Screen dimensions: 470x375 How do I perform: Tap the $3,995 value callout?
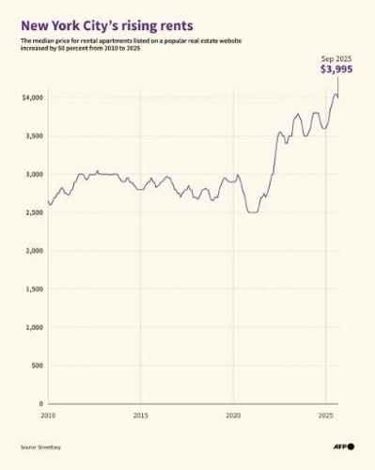pos(336,70)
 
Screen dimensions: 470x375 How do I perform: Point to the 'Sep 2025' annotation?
pos(336,57)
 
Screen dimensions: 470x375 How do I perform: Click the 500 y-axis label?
pos(37,366)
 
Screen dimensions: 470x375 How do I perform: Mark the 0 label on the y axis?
pos(40,403)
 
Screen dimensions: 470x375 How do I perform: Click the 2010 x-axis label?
pos(48,415)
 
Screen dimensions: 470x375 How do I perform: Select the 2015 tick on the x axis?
pos(140,415)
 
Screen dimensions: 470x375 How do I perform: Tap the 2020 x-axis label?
pos(233,415)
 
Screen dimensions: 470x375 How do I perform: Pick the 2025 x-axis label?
pos(325,415)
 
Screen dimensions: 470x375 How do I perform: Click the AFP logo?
pos(342,446)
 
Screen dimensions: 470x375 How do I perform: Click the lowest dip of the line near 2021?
pos(252,212)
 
